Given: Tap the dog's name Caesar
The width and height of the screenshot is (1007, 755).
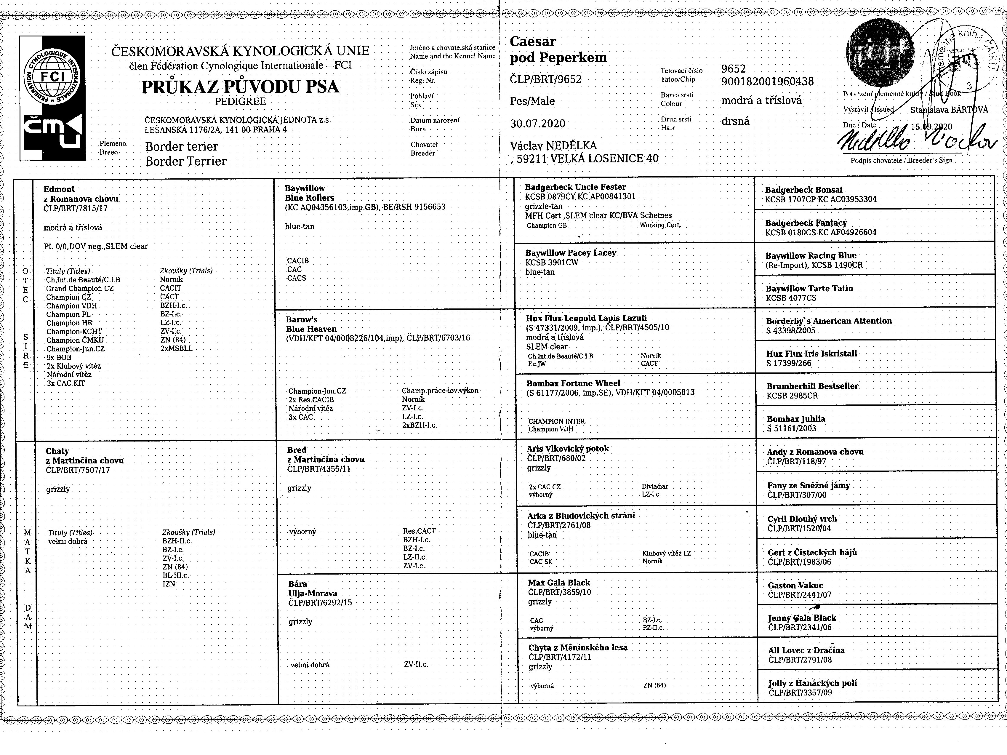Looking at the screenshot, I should click(x=533, y=41).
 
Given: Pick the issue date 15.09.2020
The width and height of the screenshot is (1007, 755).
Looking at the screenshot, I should click(x=931, y=127).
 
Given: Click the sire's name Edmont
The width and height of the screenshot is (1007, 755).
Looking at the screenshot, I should click(x=59, y=189).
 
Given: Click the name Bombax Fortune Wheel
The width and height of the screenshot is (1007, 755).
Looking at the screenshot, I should click(x=573, y=383).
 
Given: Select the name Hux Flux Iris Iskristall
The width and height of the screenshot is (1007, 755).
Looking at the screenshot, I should click(x=811, y=354).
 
